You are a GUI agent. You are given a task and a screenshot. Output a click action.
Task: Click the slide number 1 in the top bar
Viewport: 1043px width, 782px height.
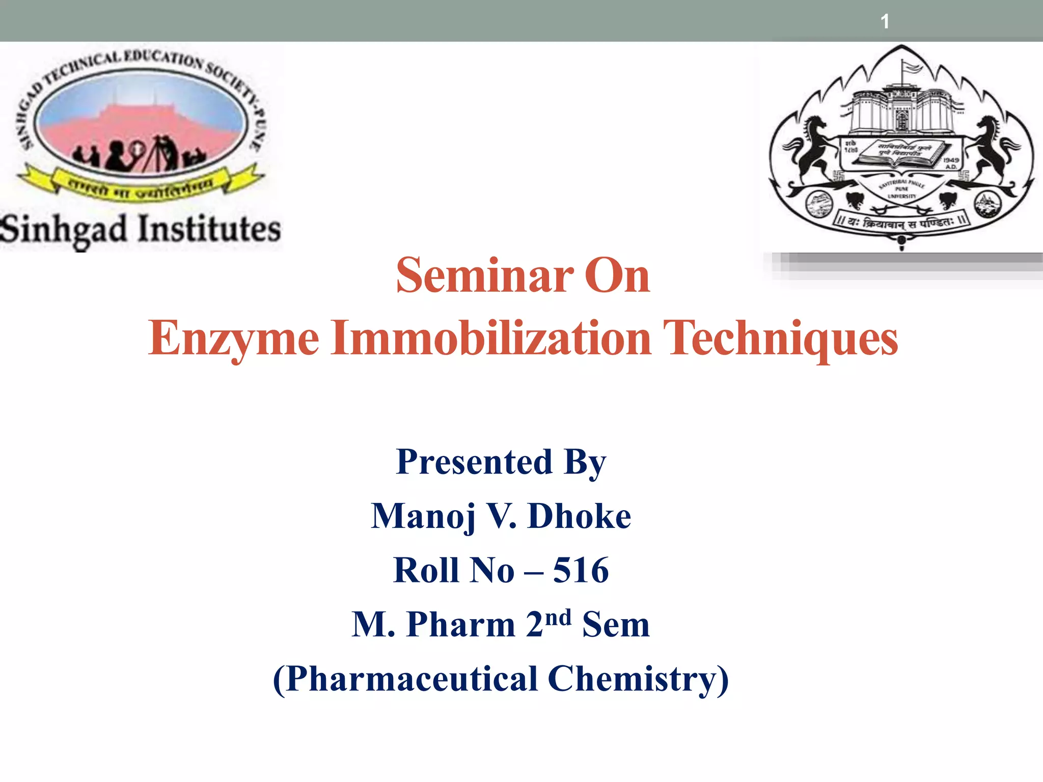(x=885, y=21)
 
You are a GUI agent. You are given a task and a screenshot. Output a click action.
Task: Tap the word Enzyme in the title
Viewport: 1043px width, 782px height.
(x=234, y=338)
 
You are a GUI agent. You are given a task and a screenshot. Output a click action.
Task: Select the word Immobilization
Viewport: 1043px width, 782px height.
(x=491, y=337)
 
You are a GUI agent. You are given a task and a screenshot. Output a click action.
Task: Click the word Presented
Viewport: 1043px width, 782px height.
(x=474, y=462)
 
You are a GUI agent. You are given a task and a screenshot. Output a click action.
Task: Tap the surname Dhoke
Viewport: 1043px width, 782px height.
(x=580, y=516)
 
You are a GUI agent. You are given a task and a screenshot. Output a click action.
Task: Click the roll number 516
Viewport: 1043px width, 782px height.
(x=581, y=570)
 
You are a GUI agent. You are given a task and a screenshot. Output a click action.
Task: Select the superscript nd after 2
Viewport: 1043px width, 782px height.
(x=558, y=617)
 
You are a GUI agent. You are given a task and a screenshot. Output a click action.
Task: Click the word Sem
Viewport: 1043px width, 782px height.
(x=616, y=624)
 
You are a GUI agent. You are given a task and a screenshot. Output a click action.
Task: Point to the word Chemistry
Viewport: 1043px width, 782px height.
(x=638, y=679)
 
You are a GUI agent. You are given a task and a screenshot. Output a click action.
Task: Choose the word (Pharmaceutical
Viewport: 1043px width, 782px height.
(x=405, y=679)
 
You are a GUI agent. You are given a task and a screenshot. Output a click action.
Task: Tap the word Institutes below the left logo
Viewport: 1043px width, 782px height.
(x=209, y=229)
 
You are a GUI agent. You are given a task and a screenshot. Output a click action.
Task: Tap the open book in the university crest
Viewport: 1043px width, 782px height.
(x=901, y=156)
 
